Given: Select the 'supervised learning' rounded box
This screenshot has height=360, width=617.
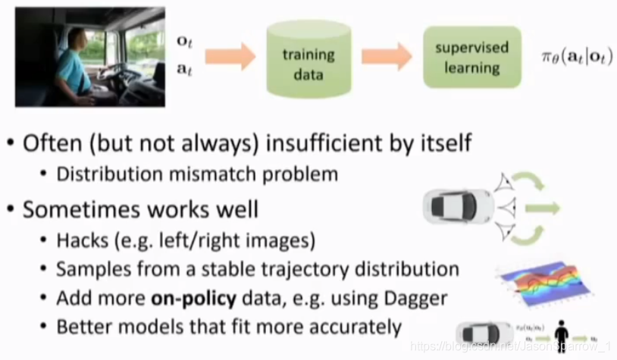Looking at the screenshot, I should pyautogui.click(x=471, y=58).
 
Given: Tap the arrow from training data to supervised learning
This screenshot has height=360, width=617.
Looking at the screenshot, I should pyautogui.click(x=386, y=57).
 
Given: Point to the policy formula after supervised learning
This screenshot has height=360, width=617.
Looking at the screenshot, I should pyautogui.click(x=577, y=58).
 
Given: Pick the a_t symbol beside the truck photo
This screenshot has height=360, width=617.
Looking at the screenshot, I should pyautogui.click(x=185, y=70).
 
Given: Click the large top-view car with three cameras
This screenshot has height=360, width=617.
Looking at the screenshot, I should pyautogui.click(x=459, y=206).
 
